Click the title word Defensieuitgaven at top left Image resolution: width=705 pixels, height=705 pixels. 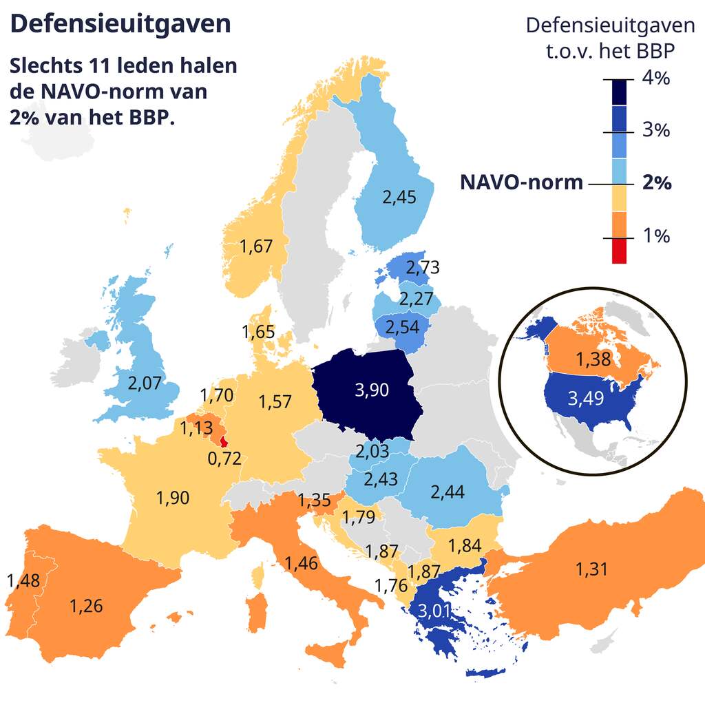(120, 23)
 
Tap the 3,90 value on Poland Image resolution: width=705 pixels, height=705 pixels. (372, 390)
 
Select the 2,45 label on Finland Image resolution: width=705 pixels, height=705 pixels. (399, 198)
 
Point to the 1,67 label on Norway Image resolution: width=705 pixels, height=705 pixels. (257, 246)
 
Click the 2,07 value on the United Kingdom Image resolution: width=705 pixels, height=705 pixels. (145, 383)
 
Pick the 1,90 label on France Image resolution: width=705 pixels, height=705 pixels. (173, 498)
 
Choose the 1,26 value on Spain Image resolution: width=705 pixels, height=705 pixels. (86, 606)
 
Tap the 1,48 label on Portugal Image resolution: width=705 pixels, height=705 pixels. (23, 580)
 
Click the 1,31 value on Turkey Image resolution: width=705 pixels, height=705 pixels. (593, 569)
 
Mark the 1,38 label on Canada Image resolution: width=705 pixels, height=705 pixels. (593, 359)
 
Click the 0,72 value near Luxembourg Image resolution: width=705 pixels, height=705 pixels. (224, 458)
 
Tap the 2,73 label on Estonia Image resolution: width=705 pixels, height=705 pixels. (423, 267)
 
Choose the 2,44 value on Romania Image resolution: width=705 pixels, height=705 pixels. (448, 492)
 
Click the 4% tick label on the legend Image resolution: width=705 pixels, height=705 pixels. (655, 78)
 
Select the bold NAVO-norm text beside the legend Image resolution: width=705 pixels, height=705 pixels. (521, 183)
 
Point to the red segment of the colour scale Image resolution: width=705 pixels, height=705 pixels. (619, 251)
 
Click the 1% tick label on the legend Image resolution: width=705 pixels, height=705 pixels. (655, 236)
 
